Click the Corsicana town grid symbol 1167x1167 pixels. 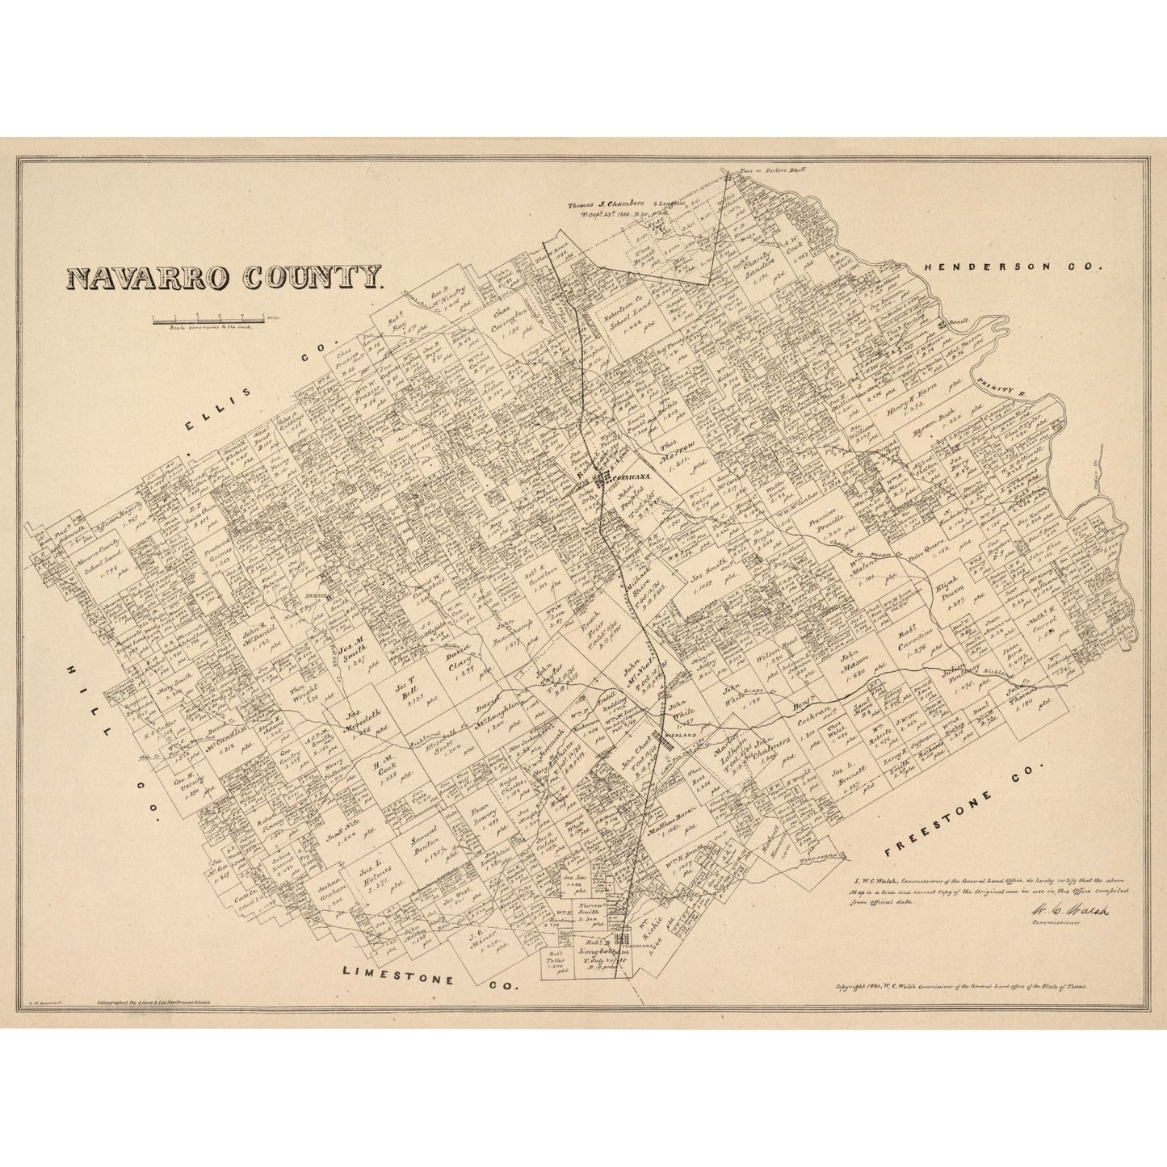click(604, 481)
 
